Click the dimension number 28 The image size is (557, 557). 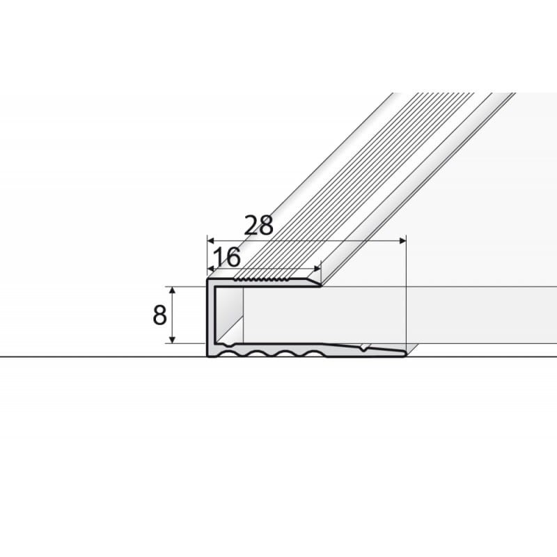258,225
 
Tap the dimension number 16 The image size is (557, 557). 227,257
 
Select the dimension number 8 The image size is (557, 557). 159,315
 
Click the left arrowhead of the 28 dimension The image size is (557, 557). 210,241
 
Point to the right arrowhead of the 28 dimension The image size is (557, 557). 402,241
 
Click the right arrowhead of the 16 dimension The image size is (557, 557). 317,269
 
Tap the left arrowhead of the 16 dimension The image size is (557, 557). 210,269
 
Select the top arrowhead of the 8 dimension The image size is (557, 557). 172,290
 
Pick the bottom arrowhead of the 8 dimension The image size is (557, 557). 172,340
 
